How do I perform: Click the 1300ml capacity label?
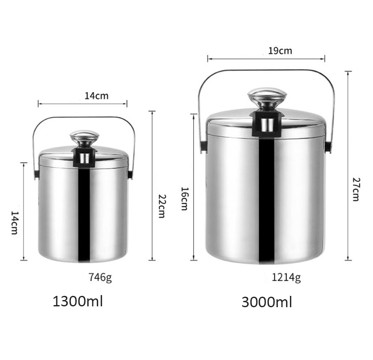coord(78,301)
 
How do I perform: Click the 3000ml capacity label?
coord(266,302)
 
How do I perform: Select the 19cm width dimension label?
coord(280,51)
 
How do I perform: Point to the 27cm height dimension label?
coord(356,189)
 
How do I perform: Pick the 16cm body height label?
coord(184,199)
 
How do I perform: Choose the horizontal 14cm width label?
coord(97,96)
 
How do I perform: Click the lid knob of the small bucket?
coord(84,137)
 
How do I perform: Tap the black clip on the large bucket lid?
coord(266,124)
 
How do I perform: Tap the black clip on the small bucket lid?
coord(84,158)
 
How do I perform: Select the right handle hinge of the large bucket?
coord(328,147)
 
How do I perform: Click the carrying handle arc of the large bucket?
coord(267,70)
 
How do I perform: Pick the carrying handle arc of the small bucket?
coord(84,117)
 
